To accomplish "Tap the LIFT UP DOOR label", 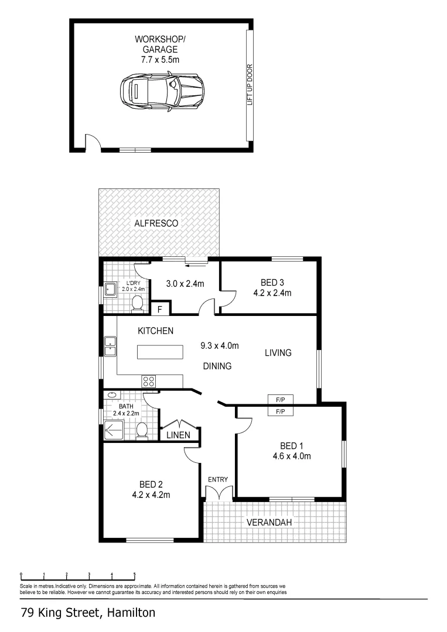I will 250,84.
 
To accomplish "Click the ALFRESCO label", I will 156,223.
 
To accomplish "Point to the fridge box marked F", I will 160,308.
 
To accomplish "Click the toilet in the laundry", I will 138,303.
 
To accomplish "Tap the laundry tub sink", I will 110,289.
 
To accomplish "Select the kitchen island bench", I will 160,352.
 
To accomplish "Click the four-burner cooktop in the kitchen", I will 149,381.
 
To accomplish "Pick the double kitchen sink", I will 110,346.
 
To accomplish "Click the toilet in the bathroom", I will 141,431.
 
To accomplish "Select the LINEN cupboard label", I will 178,435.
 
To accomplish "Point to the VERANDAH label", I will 269,523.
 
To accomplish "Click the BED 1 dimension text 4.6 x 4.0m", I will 292,456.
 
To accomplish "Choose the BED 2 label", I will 151,485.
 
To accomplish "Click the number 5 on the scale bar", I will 135,574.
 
